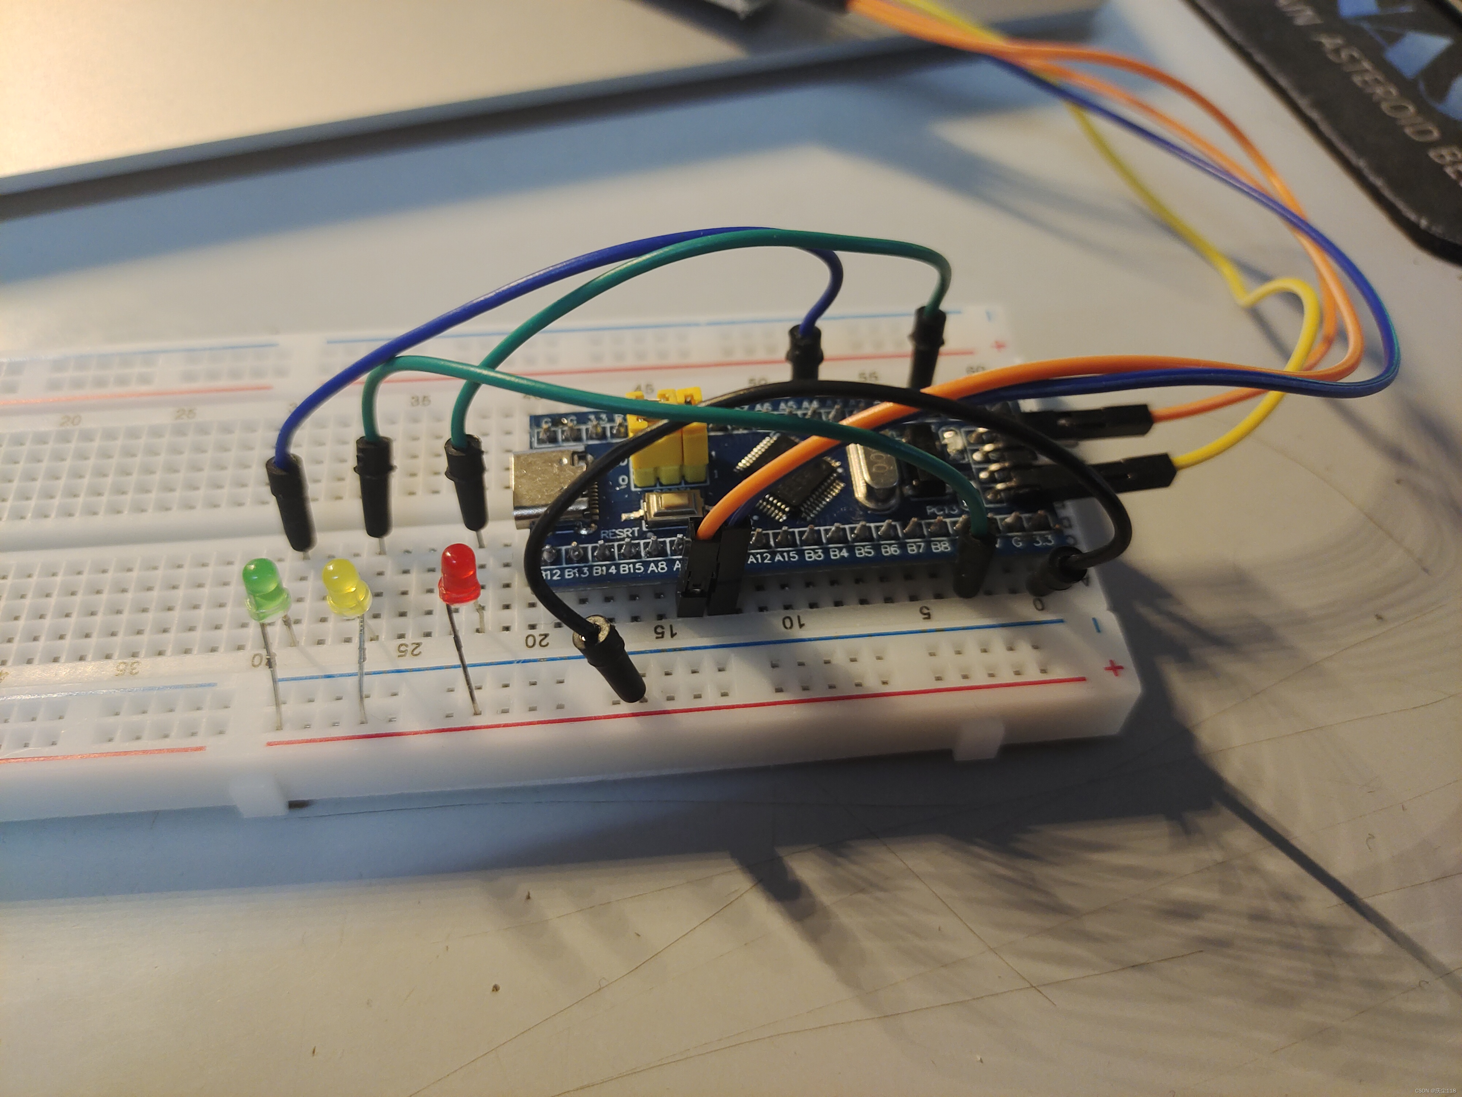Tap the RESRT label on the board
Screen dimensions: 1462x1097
[x=619, y=532]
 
